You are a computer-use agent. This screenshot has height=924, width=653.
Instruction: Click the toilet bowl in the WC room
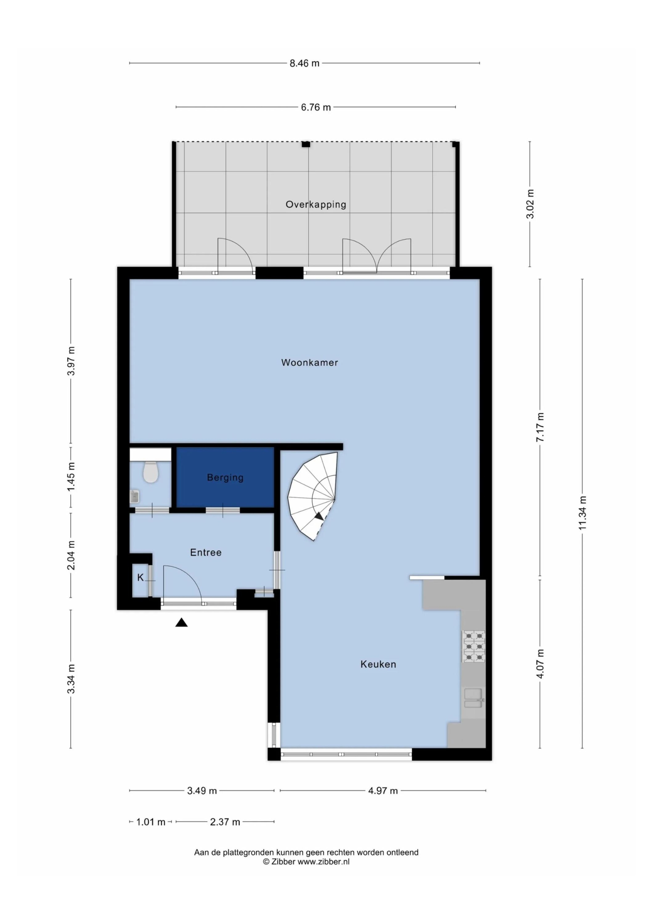[151, 472]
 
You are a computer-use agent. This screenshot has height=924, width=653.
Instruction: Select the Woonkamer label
[309, 363]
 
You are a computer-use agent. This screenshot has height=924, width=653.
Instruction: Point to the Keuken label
[378, 664]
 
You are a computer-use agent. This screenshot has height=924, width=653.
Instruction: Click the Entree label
[206, 553]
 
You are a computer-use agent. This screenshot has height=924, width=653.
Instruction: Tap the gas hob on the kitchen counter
[474, 647]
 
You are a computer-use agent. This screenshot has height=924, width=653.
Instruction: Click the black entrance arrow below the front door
[182, 623]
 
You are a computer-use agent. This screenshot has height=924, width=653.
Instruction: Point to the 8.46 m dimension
[304, 63]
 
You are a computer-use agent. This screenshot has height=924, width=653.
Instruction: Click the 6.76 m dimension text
[315, 108]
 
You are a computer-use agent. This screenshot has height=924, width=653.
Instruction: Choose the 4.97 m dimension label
[383, 791]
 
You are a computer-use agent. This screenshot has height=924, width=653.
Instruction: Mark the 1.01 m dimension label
[151, 822]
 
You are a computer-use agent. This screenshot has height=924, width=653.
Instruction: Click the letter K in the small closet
[140, 578]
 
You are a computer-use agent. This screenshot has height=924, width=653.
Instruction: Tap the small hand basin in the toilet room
[135, 497]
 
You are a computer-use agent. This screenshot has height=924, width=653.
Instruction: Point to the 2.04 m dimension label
[71, 555]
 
